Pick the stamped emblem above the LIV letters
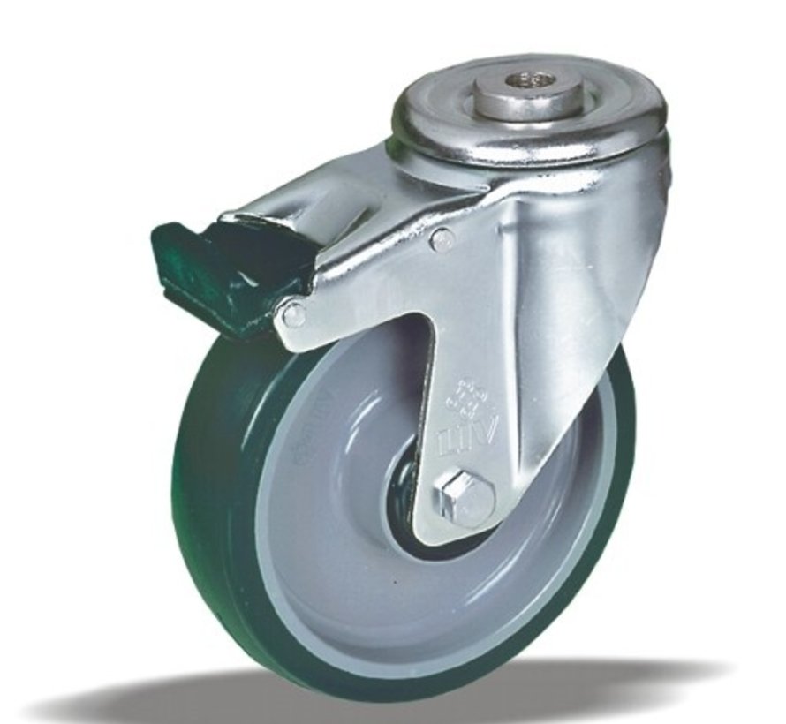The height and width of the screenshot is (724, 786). tap(459, 396)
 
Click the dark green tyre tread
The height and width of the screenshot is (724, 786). tap(212, 494)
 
